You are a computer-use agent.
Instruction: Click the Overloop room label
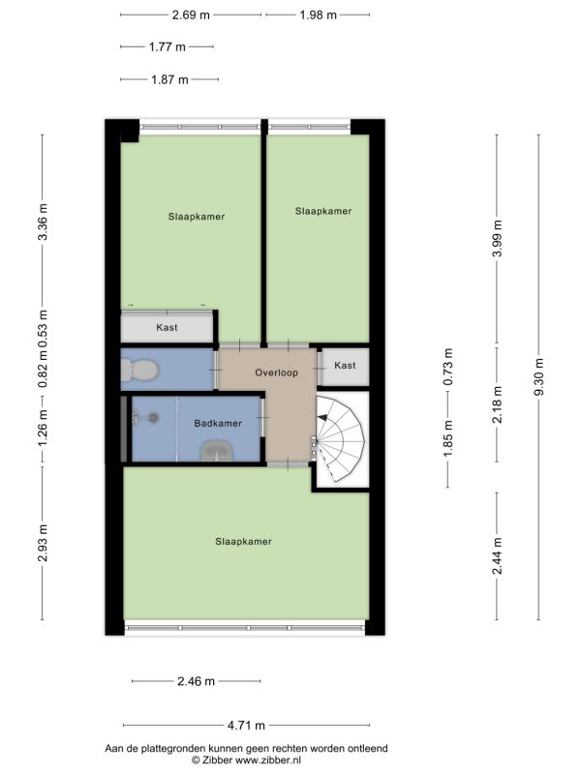[x=276, y=372]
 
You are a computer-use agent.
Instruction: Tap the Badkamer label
[x=218, y=423]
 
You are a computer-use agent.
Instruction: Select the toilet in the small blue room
[x=138, y=370]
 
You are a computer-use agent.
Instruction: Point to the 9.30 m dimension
[x=538, y=376]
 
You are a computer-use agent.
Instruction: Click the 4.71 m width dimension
[x=246, y=725]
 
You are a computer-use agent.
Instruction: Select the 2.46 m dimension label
[x=197, y=681]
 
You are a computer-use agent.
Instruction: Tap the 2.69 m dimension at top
[x=191, y=15]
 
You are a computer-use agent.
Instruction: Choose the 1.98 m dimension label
[x=319, y=15]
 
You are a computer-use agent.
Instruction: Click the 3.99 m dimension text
[x=497, y=238]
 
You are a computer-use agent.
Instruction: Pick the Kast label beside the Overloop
[x=345, y=366]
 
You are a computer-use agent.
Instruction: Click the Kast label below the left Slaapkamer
[x=167, y=327]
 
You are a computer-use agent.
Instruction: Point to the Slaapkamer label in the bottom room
[x=244, y=542]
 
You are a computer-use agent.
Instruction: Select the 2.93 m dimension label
[x=43, y=543]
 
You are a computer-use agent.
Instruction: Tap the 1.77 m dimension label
[x=168, y=46]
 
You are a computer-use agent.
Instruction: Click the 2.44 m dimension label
[x=497, y=555]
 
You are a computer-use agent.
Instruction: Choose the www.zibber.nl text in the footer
[x=268, y=760]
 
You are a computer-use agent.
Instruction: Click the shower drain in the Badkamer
[x=154, y=418]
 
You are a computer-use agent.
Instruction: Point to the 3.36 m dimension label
[x=43, y=223]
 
